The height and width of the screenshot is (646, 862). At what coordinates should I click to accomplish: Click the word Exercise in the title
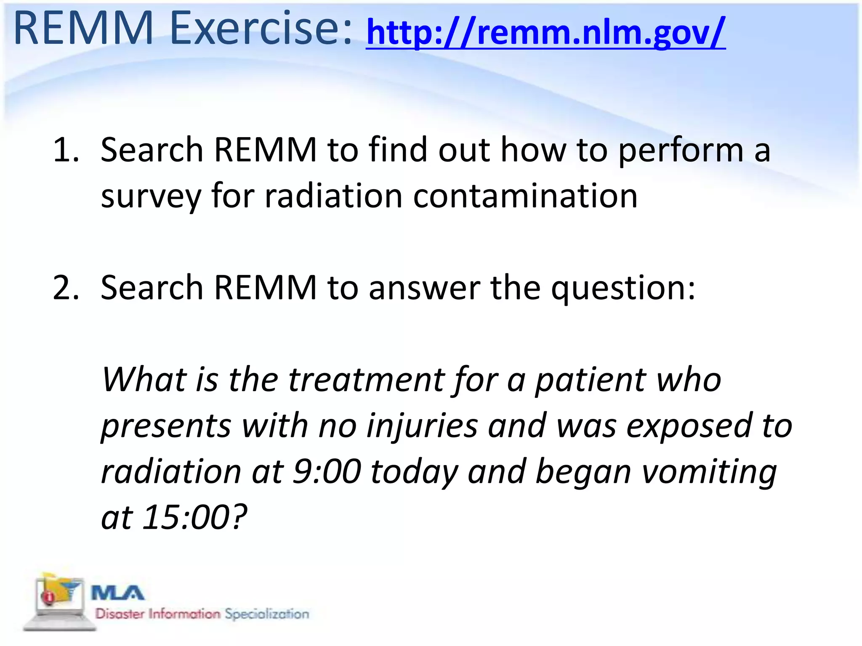pyautogui.click(x=261, y=29)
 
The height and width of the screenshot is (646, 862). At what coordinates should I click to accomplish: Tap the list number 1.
pyautogui.click(x=66, y=150)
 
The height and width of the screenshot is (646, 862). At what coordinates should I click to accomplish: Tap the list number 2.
pyautogui.click(x=66, y=288)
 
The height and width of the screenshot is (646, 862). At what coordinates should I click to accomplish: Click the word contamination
pyautogui.click(x=525, y=196)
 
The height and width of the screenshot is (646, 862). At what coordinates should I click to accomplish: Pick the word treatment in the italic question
pyautogui.click(x=366, y=380)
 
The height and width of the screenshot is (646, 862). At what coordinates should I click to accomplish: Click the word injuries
pyautogui.click(x=422, y=426)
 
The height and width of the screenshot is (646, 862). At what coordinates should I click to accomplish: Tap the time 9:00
pyautogui.click(x=327, y=471)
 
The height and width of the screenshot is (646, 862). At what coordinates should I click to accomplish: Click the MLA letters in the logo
pyautogui.click(x=117, y=593)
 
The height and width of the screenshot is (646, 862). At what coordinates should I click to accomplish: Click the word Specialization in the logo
pyautogui.click(x=267, y=614)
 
